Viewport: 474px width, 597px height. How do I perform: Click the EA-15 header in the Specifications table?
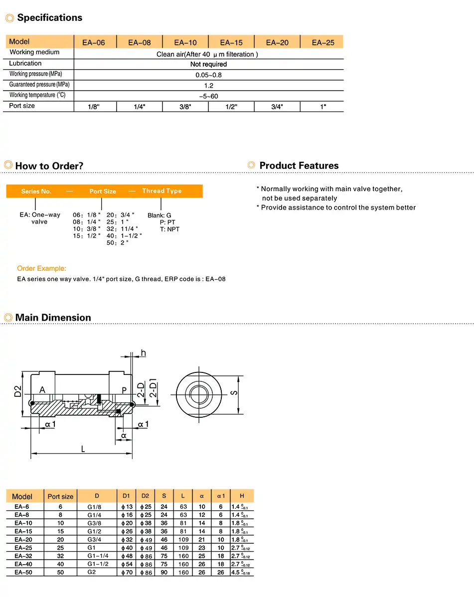click(231, 42)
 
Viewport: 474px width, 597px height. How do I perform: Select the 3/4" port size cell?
click(277, 107)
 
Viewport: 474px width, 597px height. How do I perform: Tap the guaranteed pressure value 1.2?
click(208, 86)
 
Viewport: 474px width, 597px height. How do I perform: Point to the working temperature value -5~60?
click(208, 96)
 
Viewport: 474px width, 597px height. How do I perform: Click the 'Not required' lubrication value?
click(208, 64)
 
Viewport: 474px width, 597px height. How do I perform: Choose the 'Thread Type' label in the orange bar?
click(162, 191)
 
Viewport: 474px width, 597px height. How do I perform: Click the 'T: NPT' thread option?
click(169, 229)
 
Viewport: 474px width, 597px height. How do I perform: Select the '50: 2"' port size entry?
click(118, 243)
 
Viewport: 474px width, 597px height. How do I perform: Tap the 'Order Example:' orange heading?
click(41, 268)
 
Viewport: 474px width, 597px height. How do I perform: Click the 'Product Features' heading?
click(299, 166)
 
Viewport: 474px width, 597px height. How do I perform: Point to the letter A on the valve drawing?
click(42, 390)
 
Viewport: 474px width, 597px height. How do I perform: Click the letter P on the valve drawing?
click(125, 390)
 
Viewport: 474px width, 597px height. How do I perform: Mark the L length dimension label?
click(83, 449)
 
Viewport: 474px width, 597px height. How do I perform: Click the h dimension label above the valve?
click(144, 353)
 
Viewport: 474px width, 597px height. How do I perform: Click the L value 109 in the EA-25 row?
click(183, 548)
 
